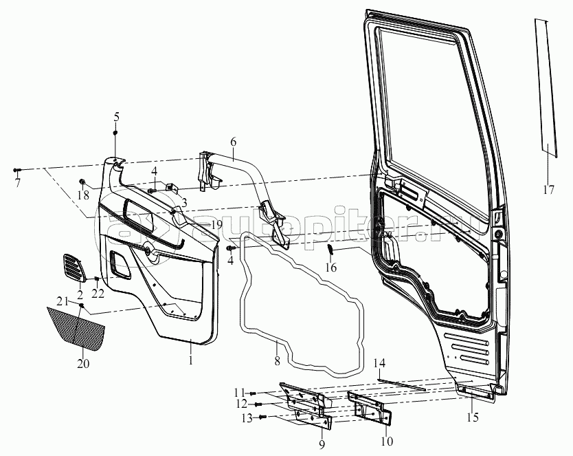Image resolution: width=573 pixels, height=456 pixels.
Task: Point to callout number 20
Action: click(x=82, y=363)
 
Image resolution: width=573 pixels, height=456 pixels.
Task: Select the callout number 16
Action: click(x=331, y=268)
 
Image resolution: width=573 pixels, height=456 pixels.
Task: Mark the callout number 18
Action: click(x=82, y=196)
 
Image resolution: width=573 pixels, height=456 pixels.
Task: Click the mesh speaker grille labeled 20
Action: click(x=77, y=326)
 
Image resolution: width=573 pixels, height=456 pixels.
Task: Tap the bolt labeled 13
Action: click(x=263, y=417)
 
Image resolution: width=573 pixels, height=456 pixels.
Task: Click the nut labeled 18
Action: click(x=82, y=182)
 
